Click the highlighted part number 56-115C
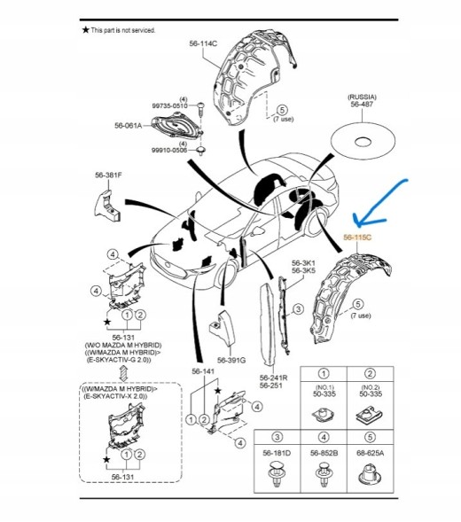357,238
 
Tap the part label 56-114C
203,43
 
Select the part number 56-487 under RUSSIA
362,105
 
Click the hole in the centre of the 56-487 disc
363,142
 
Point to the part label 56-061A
129,126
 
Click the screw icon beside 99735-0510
201,109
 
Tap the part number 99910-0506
169,150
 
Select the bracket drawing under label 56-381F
107,206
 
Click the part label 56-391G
231,360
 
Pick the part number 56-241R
274,378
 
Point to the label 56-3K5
303,270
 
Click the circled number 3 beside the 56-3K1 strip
298,309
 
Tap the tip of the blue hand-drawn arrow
357,225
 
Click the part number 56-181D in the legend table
277,453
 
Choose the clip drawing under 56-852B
324,475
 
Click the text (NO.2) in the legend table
370,387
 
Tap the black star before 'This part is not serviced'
86,30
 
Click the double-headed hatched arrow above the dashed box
123,373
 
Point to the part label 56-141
203,371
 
